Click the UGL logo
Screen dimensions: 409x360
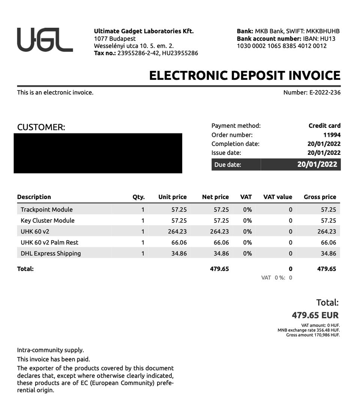click(45, 40)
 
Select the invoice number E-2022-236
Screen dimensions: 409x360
click(325, 93)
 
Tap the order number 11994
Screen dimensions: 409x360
click(332, 135)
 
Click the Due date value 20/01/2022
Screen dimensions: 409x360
click(317, 164)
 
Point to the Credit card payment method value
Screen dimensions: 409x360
click(324, 126)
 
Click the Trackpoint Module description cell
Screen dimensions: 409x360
click(46, 210)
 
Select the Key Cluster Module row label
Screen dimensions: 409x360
click(48, 220)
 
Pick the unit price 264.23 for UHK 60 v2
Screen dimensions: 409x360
click(177, 232)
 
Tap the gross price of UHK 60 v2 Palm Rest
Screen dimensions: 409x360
click(328, 243)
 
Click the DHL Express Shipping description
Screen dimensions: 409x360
click(51, 253)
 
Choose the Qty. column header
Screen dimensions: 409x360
click(138, 197)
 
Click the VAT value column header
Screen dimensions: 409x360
click(277, 197)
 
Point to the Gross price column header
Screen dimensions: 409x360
click(320, 197)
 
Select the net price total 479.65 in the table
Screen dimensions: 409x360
click(219, 269)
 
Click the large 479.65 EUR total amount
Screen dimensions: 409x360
click(315, 315)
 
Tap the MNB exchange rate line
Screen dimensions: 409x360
click(309, 330)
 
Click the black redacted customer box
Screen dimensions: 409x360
click(98, 153)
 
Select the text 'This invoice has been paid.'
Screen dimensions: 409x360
click(54, 359)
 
